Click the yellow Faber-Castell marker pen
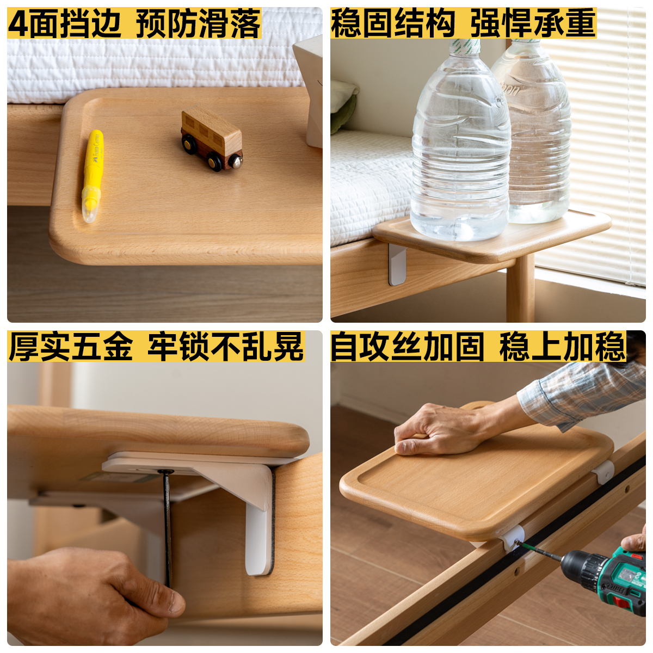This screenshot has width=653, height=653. pos(92,176)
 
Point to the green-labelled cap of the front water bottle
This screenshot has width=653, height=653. pos(464,47)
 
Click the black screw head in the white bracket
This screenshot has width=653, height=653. pos(165,471)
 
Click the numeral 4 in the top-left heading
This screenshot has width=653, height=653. pos(18,23)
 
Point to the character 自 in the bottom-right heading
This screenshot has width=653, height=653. pos(344,346)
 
